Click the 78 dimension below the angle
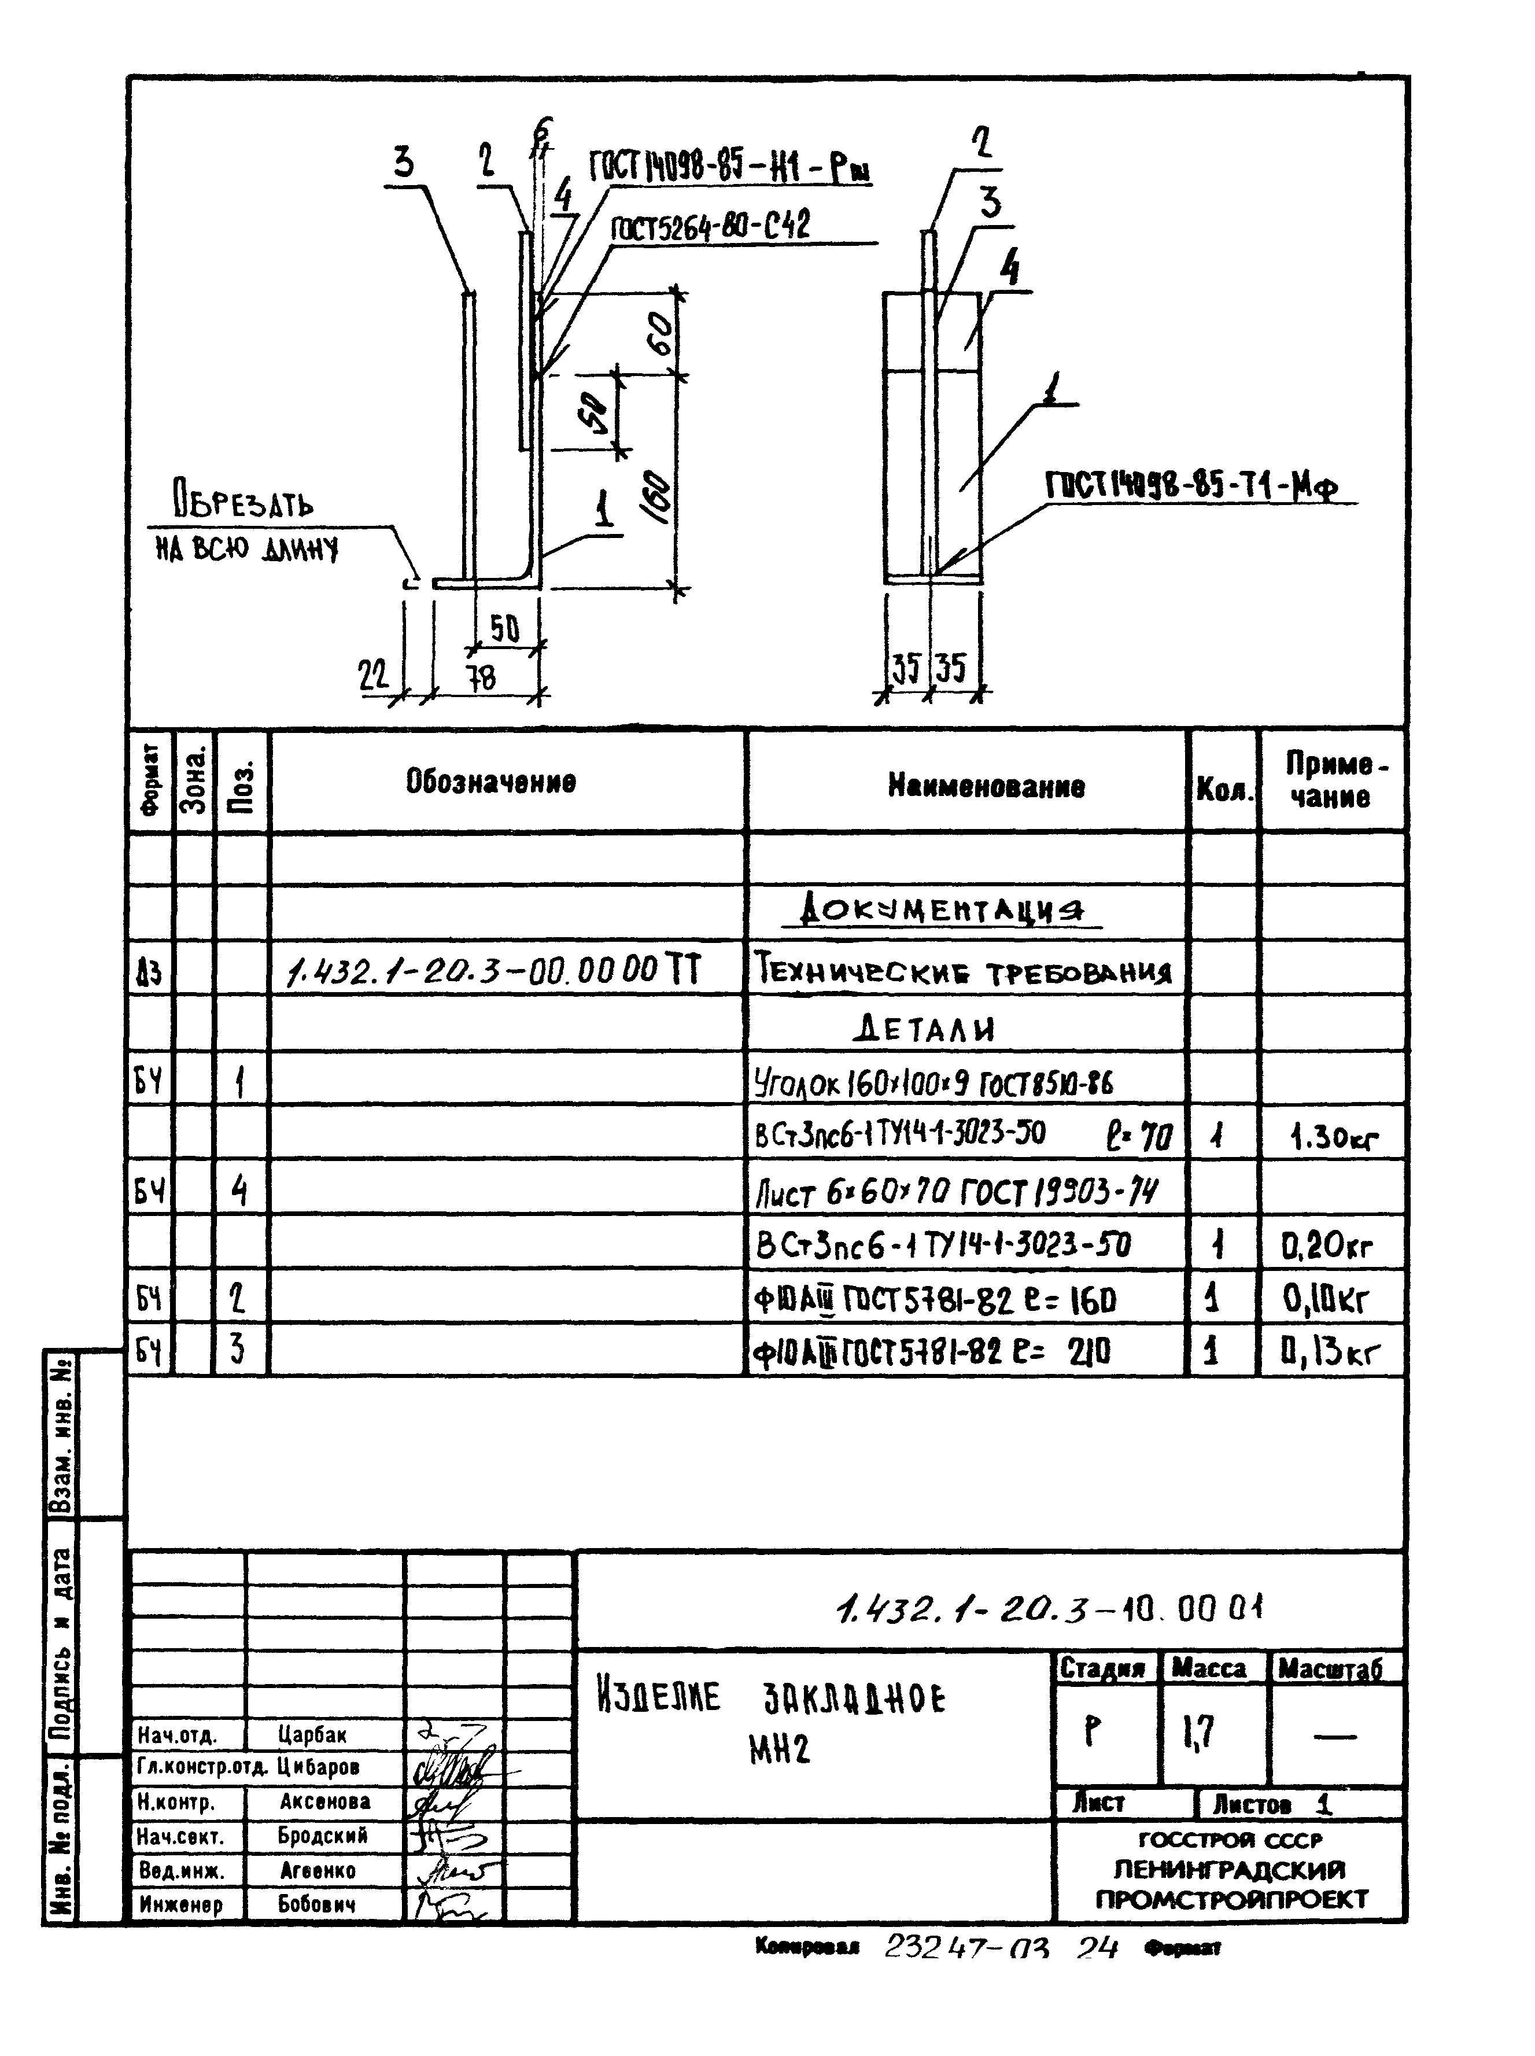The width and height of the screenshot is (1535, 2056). (x=481, y=679)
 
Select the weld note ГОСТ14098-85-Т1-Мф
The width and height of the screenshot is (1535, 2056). (x=1193, y=485)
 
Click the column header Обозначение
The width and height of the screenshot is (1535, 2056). (x=490, y=782)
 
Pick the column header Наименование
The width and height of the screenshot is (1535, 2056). (x=986, y=786)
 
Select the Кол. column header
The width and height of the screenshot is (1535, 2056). (x=1224, y=791)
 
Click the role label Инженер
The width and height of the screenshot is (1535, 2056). (x=181, y=1904)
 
